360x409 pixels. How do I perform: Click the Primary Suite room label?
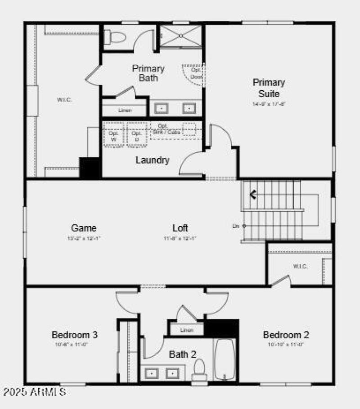pos(269,88)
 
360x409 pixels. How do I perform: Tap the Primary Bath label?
pos(148,73)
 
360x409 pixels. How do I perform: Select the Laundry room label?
pos(153,160)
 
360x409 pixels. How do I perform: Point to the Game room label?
pos(84,228)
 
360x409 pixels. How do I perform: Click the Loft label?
pos(180,228)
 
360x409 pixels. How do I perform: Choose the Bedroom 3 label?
pos(75,335)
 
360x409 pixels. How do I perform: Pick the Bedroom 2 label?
pos(286,335)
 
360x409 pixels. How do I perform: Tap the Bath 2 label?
pos(183,354)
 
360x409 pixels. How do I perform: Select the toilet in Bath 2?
pos(199,369)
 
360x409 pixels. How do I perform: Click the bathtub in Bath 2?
pos(225,360)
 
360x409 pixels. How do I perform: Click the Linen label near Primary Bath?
pos(125,110)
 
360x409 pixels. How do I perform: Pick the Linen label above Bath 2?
pos(186,330)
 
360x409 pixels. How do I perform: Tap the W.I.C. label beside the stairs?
pos(300,266)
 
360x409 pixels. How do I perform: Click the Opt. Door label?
pos(196,73)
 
